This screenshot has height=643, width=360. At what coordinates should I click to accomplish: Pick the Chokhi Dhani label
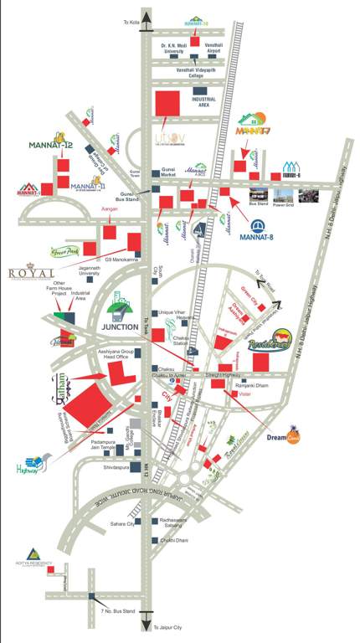[172, 541]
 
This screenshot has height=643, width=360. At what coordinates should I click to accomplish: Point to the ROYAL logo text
[31, 273]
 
